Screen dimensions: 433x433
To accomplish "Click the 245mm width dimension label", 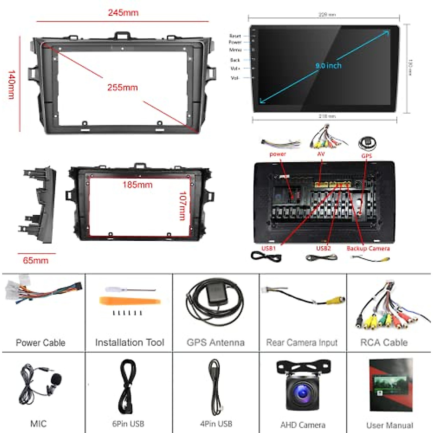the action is (123, 13).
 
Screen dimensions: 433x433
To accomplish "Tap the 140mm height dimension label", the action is (12, 85).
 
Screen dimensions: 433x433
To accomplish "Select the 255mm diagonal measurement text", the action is (122, 88).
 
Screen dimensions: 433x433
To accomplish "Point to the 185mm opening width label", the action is (137, 185).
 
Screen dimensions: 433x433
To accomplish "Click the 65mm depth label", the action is (35, 261).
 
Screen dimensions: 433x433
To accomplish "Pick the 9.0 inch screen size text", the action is (328, 66).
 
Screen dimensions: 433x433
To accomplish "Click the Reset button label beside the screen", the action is (235, 36).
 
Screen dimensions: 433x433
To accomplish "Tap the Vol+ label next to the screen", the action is (235, 69).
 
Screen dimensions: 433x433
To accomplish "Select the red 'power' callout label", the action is (277, 154).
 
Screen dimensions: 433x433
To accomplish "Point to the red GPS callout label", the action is (367, 156).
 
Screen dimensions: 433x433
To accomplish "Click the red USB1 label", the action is (268, 248).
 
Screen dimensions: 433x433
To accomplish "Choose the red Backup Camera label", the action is (368, 248).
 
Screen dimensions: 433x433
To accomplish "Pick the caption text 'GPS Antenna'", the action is (215, 342).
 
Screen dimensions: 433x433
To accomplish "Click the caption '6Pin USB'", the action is (128, 424).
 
